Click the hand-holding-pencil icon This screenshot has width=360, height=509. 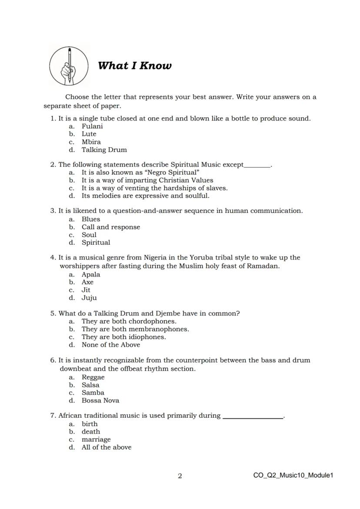[69, 66]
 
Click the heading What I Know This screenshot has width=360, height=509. [135, 66]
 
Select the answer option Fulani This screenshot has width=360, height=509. [92, 126]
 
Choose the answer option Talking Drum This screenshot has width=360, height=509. [104, 150]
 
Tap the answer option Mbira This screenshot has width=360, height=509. [91, 142]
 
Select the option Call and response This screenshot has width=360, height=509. [111, 227]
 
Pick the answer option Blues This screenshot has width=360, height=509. [91, 220]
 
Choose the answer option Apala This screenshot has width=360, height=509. [91, 275]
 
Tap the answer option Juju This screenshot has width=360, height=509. [89, 298]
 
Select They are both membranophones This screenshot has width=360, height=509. [135, 329]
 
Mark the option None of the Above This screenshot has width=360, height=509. [111, 345]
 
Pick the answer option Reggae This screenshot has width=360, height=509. [93, 377]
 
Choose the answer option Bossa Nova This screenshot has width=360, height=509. [100, 401]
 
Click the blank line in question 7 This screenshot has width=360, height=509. [253, 417]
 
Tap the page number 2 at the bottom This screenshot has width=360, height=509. [180, 476]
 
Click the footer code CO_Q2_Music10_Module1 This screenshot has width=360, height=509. [293, 476]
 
